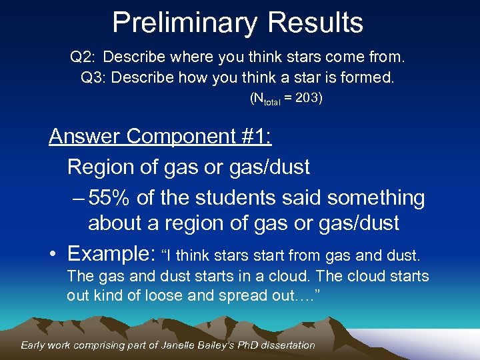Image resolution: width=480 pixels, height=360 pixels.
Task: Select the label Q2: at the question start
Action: pos(83,57)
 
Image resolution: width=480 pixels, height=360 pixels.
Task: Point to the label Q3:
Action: pos(93,78)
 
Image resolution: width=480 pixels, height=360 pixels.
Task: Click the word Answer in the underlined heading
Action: pos(85,137)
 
